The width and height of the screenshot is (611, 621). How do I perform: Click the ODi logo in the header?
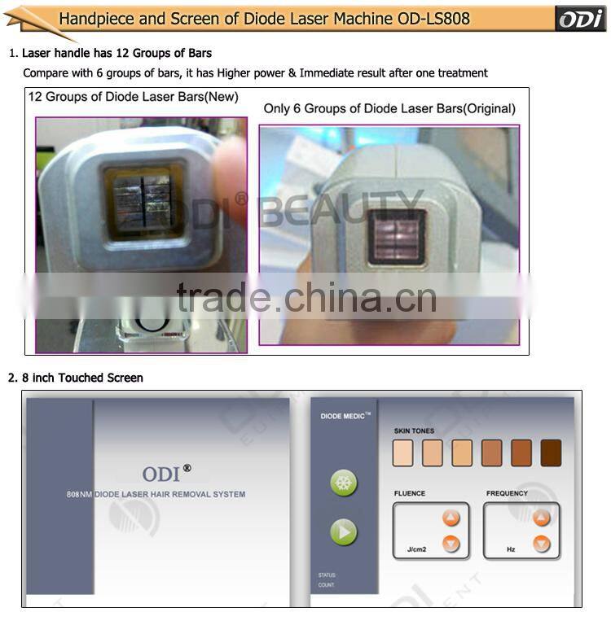click(x=580, y=19)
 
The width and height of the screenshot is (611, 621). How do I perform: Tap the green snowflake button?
click(x=344, y=483)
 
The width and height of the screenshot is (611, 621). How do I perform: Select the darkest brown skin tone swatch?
click(x=551, y=453)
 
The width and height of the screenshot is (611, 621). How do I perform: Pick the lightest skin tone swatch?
click(x=403, y=453)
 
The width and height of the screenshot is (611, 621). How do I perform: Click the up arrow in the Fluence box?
click(x=451, y=518)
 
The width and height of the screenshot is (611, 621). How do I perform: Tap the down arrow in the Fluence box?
click(x=451, y=544)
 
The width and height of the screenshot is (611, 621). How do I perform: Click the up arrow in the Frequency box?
click(x=542, y=518)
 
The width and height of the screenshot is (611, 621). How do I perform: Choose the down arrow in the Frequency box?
click(x=542, y=544)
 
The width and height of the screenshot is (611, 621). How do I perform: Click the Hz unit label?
click(x=511, y=549)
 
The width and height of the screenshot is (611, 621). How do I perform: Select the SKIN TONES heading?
click(x=414, y=431)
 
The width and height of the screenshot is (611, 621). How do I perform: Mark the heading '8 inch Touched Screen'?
click(x=82, y=378)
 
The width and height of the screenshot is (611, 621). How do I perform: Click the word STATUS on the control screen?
click(x=327, y=575)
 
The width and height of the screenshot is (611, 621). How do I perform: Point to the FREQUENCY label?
click(x=507, y=493)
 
